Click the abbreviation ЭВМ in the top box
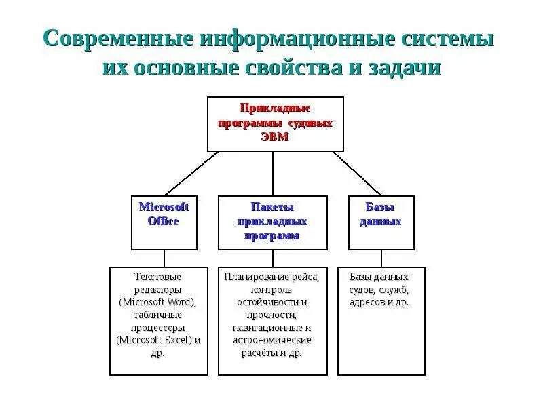275,136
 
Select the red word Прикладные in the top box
275,108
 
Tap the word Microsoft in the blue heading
164,207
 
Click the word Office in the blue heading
164,221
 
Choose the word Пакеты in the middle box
272,207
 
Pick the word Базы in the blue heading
380,207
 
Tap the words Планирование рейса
272,277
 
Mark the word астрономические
272,340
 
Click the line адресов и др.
379,302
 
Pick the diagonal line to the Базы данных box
356,174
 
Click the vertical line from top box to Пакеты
273,174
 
